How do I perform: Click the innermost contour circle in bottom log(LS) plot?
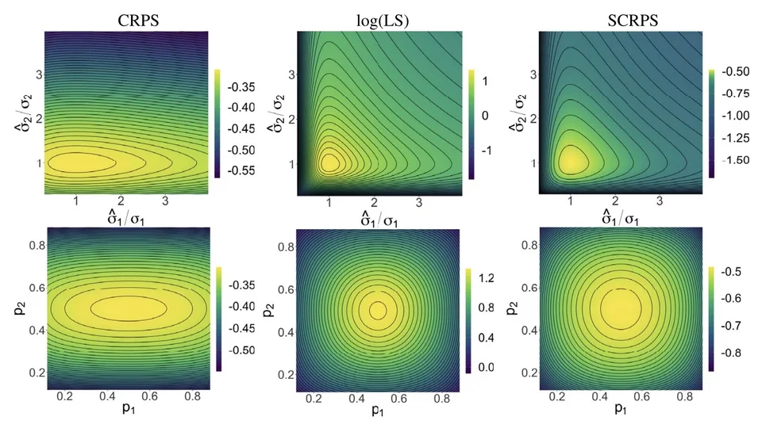pos(377,308)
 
